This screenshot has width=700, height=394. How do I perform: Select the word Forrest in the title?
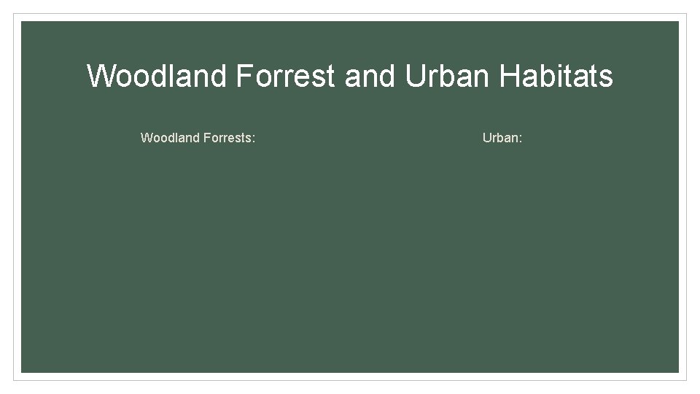tap(285, 76)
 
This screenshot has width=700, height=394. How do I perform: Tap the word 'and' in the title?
tap(370, 76)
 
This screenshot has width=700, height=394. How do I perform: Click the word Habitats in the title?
tap(556, 76)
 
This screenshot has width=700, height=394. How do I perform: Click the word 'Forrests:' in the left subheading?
tap(228, 137)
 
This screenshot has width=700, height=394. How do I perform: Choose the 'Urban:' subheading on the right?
tap(502, 137)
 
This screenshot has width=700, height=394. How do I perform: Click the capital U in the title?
tap(415, 76)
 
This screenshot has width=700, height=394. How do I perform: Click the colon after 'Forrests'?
tap(254, 138)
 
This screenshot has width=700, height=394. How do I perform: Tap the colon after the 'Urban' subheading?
tap(521, 138)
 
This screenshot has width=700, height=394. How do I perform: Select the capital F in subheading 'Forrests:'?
tap(205, 137)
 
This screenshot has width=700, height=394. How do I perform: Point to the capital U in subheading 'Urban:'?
tap(487, 137)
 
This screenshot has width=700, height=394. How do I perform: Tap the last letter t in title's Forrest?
tap(332, 76)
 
